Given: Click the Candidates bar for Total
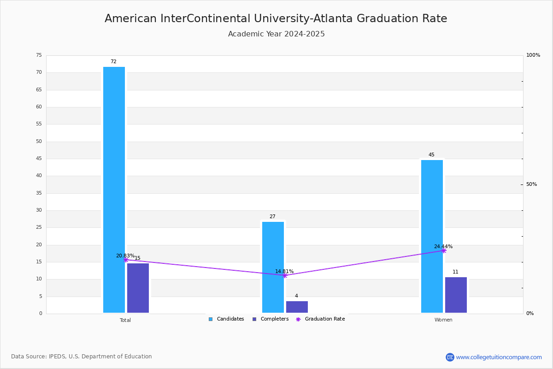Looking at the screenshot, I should (x=114, y=190).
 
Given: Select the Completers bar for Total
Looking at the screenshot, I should (x=138, y=288).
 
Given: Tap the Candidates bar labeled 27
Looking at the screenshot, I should (x=273, y=267).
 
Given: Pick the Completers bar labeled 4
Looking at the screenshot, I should (x=297, y=307).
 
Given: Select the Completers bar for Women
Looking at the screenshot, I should (x=456, y=295).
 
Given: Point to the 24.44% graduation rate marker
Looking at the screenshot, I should (x=444, y=250).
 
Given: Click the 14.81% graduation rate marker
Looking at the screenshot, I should (x=285, y=275).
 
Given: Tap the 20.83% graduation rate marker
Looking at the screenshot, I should (x=126, y=260).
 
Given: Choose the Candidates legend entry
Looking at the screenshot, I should (x=226, y=319).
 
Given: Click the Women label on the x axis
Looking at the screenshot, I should (x=443, y=320).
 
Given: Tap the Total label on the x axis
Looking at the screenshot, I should (x=125, y=320).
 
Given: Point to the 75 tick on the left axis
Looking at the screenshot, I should (x=39, y=55).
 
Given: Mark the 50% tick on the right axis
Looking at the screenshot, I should (x=531, y=184).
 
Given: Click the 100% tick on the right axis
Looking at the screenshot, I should (x=533, y=55).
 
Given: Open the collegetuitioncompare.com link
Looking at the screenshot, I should (x=498, y=357).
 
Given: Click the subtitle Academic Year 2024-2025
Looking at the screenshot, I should (x=276, y=34).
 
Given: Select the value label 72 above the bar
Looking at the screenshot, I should (x=113, y=62).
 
